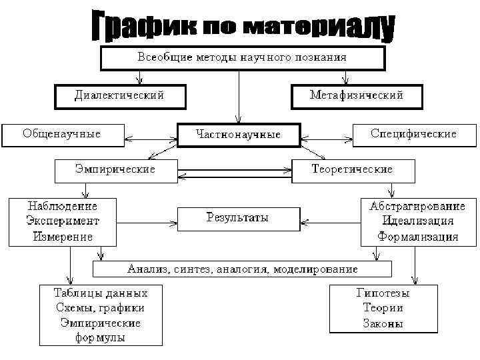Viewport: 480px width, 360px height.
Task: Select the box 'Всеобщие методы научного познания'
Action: [242, 57]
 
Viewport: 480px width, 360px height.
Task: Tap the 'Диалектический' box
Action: [119, 96]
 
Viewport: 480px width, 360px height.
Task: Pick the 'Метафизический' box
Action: [357, 96]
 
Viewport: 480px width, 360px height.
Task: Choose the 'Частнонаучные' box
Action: [239, 135]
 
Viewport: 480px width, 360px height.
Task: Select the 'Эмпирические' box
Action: [115, 169]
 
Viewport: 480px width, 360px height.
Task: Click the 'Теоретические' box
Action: [353, 169]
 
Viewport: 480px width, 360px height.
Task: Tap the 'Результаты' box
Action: [237, 218]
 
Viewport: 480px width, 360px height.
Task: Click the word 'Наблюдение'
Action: [62, 206]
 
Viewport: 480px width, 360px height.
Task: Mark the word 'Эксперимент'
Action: [62, 221]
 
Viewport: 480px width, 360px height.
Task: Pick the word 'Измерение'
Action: [62, 236]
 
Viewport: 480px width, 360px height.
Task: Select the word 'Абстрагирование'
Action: [418, 206]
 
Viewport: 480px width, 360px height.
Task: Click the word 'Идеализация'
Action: [418, 221]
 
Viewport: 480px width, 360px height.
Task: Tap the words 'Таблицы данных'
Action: [101, 293]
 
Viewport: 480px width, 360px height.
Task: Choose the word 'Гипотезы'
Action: [383, 293]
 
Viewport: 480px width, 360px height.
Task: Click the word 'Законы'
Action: [383, 324]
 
